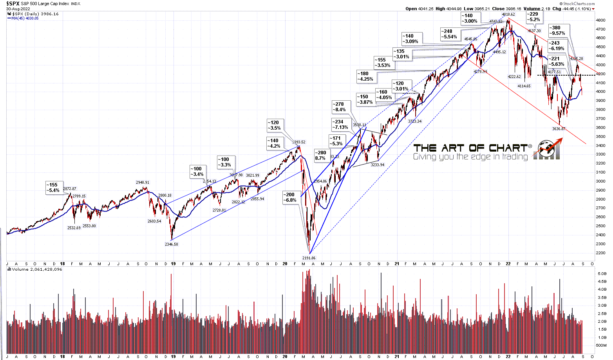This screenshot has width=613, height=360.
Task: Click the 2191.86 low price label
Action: pyautogui.click(x=309, y=258)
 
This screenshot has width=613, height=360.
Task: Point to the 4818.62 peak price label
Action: pyautogui.click(x=507, y=14)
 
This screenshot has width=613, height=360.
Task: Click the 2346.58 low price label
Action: pyautogui.click(x=172, y=244)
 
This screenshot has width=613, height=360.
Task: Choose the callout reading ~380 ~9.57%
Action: pyautogui.click(x=557, y=31)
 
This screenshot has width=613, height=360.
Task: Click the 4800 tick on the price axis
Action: pyautogui.click(x=600, y=20)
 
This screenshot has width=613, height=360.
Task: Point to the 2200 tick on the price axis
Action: pyautogui.click(x=600, y=253)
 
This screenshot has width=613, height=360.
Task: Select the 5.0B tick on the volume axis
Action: pyautogui.click(x=600, y=273)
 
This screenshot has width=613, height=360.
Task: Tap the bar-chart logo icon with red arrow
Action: pyautogui.click(x=549, y=150)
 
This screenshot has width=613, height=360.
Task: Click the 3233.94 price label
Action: pyautogui.click(x=378, y=165)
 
